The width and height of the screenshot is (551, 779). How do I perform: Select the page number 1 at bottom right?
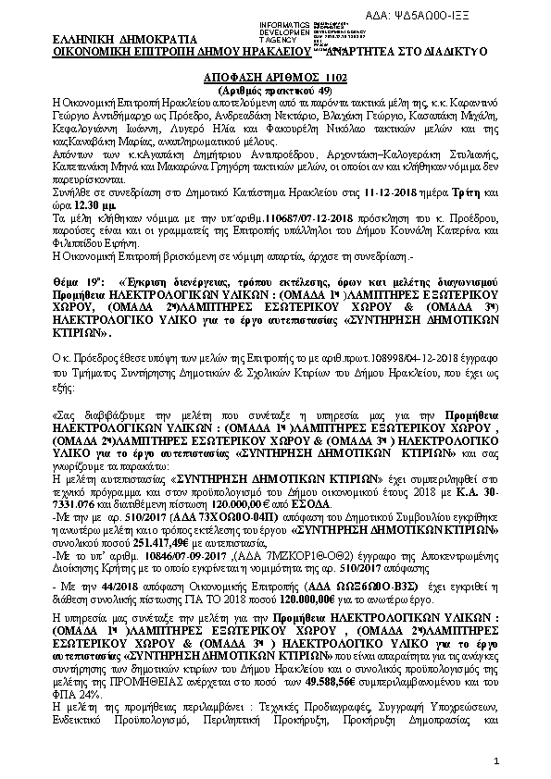tap(496, 760)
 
